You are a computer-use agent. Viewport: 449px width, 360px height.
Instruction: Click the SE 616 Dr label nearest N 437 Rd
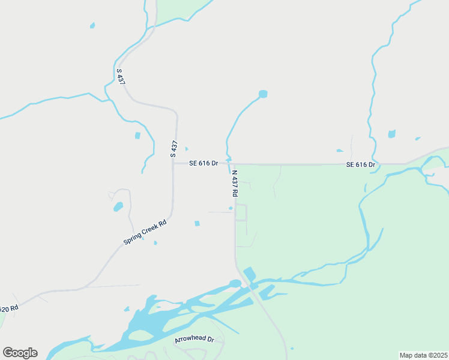pos(203,163)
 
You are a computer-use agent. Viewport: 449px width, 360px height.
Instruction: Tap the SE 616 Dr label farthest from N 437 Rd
pos(360,165)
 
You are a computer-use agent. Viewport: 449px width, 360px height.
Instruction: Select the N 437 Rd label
pos(232,184)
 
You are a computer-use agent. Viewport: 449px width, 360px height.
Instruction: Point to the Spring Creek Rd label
pos(145,232)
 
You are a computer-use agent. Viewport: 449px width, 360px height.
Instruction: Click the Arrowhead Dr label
pos(194,340)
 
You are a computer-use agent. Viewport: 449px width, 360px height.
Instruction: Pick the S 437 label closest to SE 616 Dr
pos(174,149)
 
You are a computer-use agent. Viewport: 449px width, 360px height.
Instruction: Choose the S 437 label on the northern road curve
pos(120,77)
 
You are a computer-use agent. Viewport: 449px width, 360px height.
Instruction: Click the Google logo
pos(20,353)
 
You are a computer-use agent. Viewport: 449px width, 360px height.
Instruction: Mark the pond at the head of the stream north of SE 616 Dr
pos(262,94)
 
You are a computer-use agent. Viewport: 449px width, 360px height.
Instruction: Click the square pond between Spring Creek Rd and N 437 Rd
pos(197,224)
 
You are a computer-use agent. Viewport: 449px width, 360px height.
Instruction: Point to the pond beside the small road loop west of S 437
pos(118,206)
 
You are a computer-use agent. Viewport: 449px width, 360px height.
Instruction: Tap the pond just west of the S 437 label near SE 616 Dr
pos(137,136)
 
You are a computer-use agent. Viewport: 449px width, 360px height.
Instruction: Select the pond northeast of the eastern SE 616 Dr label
pos(392,134)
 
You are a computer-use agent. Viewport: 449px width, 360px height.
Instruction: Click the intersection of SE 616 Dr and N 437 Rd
pos(231,164)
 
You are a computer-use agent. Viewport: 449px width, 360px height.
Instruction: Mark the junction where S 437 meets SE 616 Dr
pos(173,163)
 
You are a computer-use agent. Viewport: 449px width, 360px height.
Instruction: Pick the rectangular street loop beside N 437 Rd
pos(241,212)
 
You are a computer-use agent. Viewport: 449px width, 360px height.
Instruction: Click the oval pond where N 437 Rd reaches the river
pos(235,283)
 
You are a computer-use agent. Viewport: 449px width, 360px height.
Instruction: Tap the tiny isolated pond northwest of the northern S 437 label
pos(92,26)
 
